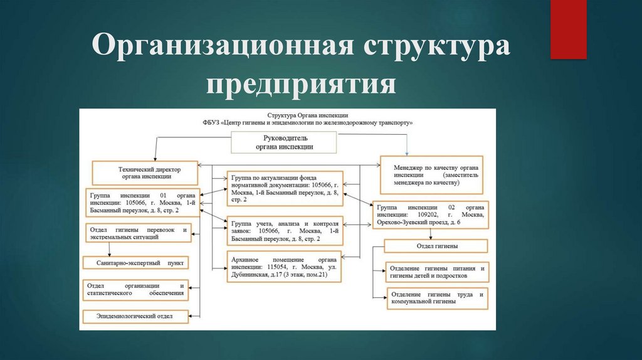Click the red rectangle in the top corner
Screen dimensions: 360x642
point(568,29)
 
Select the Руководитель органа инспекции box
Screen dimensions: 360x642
point(285,142)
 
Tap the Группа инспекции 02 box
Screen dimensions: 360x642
point(431,214)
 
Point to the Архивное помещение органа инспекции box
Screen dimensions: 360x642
point(285,266)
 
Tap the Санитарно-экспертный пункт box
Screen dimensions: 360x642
point(135,262)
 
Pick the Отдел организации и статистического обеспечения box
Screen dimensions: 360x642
point(136,289)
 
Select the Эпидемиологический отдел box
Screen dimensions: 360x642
point(135,315)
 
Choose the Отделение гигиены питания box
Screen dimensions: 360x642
point(437,272)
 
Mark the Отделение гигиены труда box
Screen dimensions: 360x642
point(437,298)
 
